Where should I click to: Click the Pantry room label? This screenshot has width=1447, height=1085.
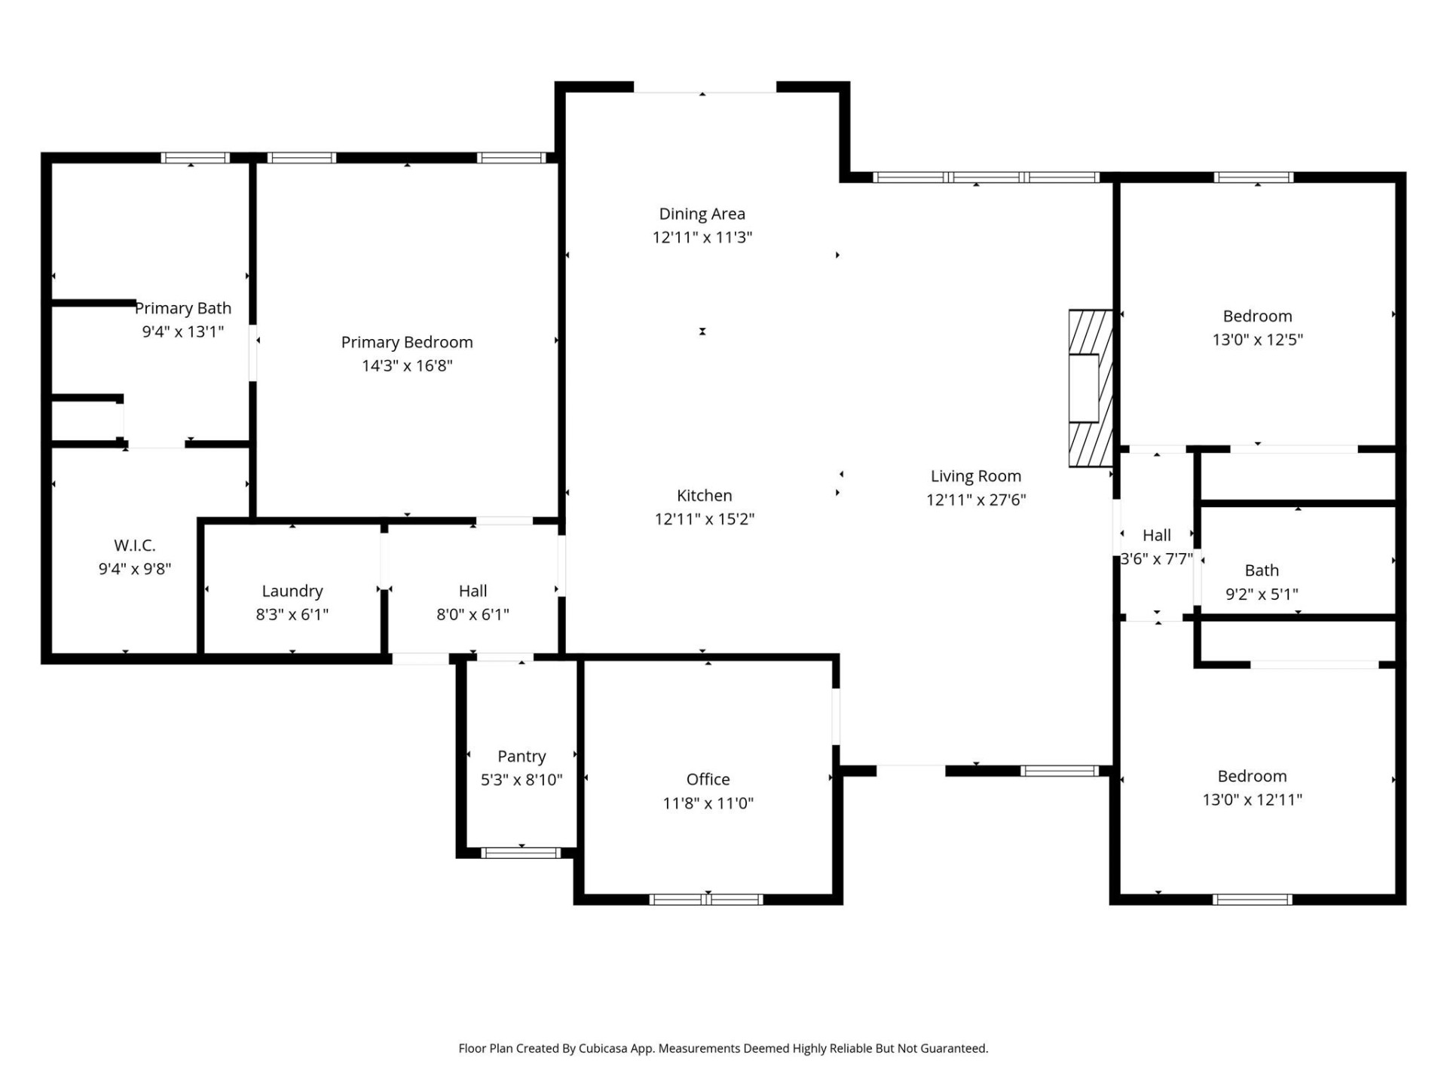click(522, 756)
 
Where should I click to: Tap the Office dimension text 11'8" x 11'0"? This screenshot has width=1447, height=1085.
click(708, 803)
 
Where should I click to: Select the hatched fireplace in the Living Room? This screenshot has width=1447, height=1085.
click(1090, 388)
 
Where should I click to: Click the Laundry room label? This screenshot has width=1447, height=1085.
click(292, 591)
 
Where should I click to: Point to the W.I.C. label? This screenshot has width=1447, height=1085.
click(135, 545)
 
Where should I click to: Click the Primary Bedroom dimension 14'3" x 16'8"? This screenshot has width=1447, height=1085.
click(407, 365)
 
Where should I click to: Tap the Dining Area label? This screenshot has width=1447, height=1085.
click(702, 214)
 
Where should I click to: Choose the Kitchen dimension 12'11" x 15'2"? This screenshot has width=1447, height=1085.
click(704, 518)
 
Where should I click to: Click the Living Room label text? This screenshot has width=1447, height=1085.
click(975, 476)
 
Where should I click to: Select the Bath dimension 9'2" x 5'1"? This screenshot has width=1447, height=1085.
click(1262, 594)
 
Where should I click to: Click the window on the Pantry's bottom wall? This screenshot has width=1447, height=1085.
click(521, 853)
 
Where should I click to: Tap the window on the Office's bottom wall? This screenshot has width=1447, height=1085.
click(706, 899)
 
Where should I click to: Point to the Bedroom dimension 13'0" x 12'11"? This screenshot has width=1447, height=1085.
click(1252, 799)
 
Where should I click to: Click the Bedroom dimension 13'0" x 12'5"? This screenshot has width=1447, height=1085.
click(1257, 339)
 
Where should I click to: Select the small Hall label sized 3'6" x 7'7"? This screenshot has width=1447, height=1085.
click(1156, 535)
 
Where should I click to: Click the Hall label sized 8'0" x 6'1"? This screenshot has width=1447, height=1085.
click(473, 591)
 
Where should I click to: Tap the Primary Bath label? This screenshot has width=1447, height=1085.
click(183, 308)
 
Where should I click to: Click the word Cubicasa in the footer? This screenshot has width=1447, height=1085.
click(602, 1048)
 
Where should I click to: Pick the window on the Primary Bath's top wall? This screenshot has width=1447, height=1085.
click(195, 158)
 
